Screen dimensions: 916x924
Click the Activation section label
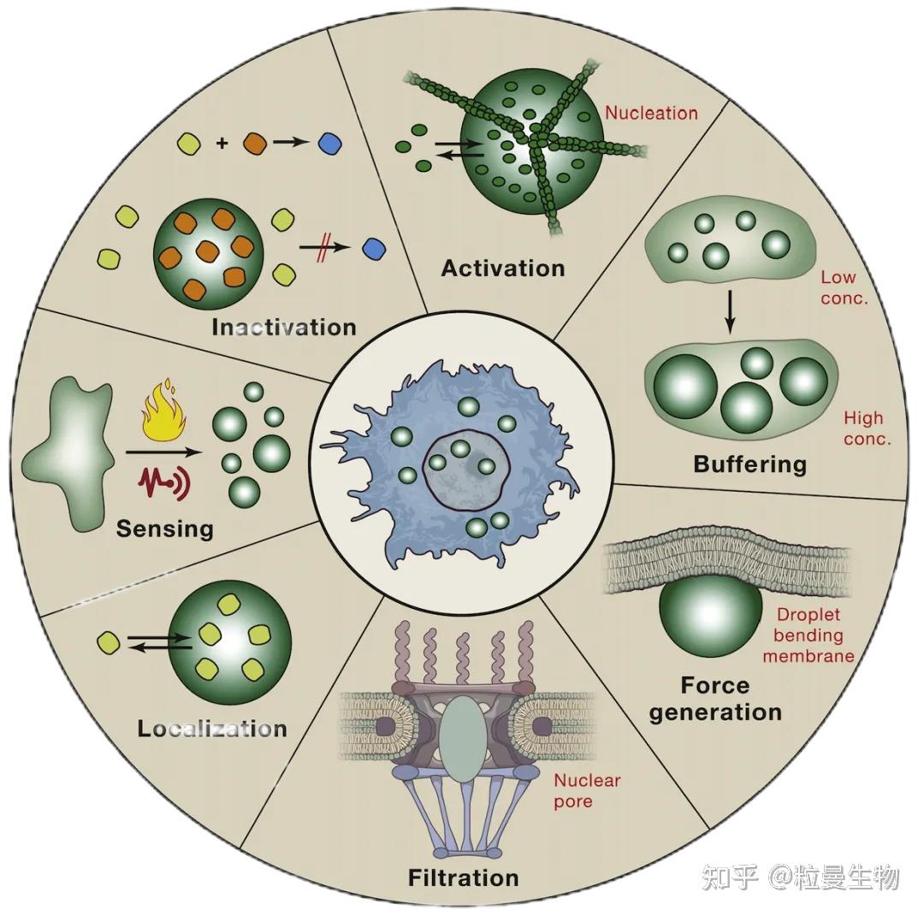coord(503,269)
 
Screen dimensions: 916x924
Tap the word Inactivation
coord(283,328)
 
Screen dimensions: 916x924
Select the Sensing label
coord(165,529)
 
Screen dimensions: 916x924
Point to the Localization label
coord(212,730)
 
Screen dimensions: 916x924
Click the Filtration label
coord(463,878)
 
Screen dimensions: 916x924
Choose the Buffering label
coord(749,464)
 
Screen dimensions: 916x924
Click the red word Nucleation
coord(652,113)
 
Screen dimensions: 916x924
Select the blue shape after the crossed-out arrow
coord(373,249)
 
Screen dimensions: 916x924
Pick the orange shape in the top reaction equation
coord(255,143)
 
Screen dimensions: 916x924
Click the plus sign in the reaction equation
coord(222,144)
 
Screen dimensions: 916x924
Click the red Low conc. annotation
coord(843,288)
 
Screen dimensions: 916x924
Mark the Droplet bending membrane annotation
coord(808,635)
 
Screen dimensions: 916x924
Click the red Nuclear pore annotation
coord(586,790)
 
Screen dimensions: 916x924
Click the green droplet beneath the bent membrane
coord(710,612)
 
